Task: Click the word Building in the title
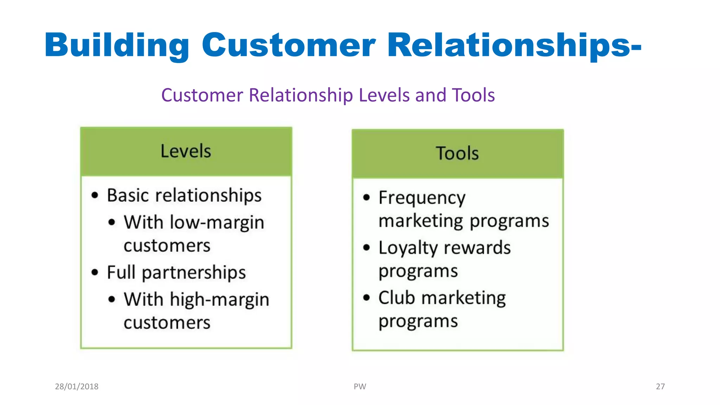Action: (x=117, y=45)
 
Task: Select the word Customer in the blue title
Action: (x=289, y=45)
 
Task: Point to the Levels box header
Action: (x=186, y=152)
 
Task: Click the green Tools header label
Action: (x=457, y=154)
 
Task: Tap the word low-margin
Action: (x=217, y=223)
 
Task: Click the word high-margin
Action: (x=219, y=300)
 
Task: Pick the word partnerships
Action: (x=194, y=273)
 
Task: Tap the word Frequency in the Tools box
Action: (x=422, y=198)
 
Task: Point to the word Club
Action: (x=397, y=298)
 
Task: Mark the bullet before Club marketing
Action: (x=367, y=298)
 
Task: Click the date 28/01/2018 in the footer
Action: (x=77, y=386)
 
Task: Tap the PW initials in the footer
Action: (x=360, y=386)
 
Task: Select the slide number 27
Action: (x=660, y=386)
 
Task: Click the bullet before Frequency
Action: (x=367, y=198)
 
